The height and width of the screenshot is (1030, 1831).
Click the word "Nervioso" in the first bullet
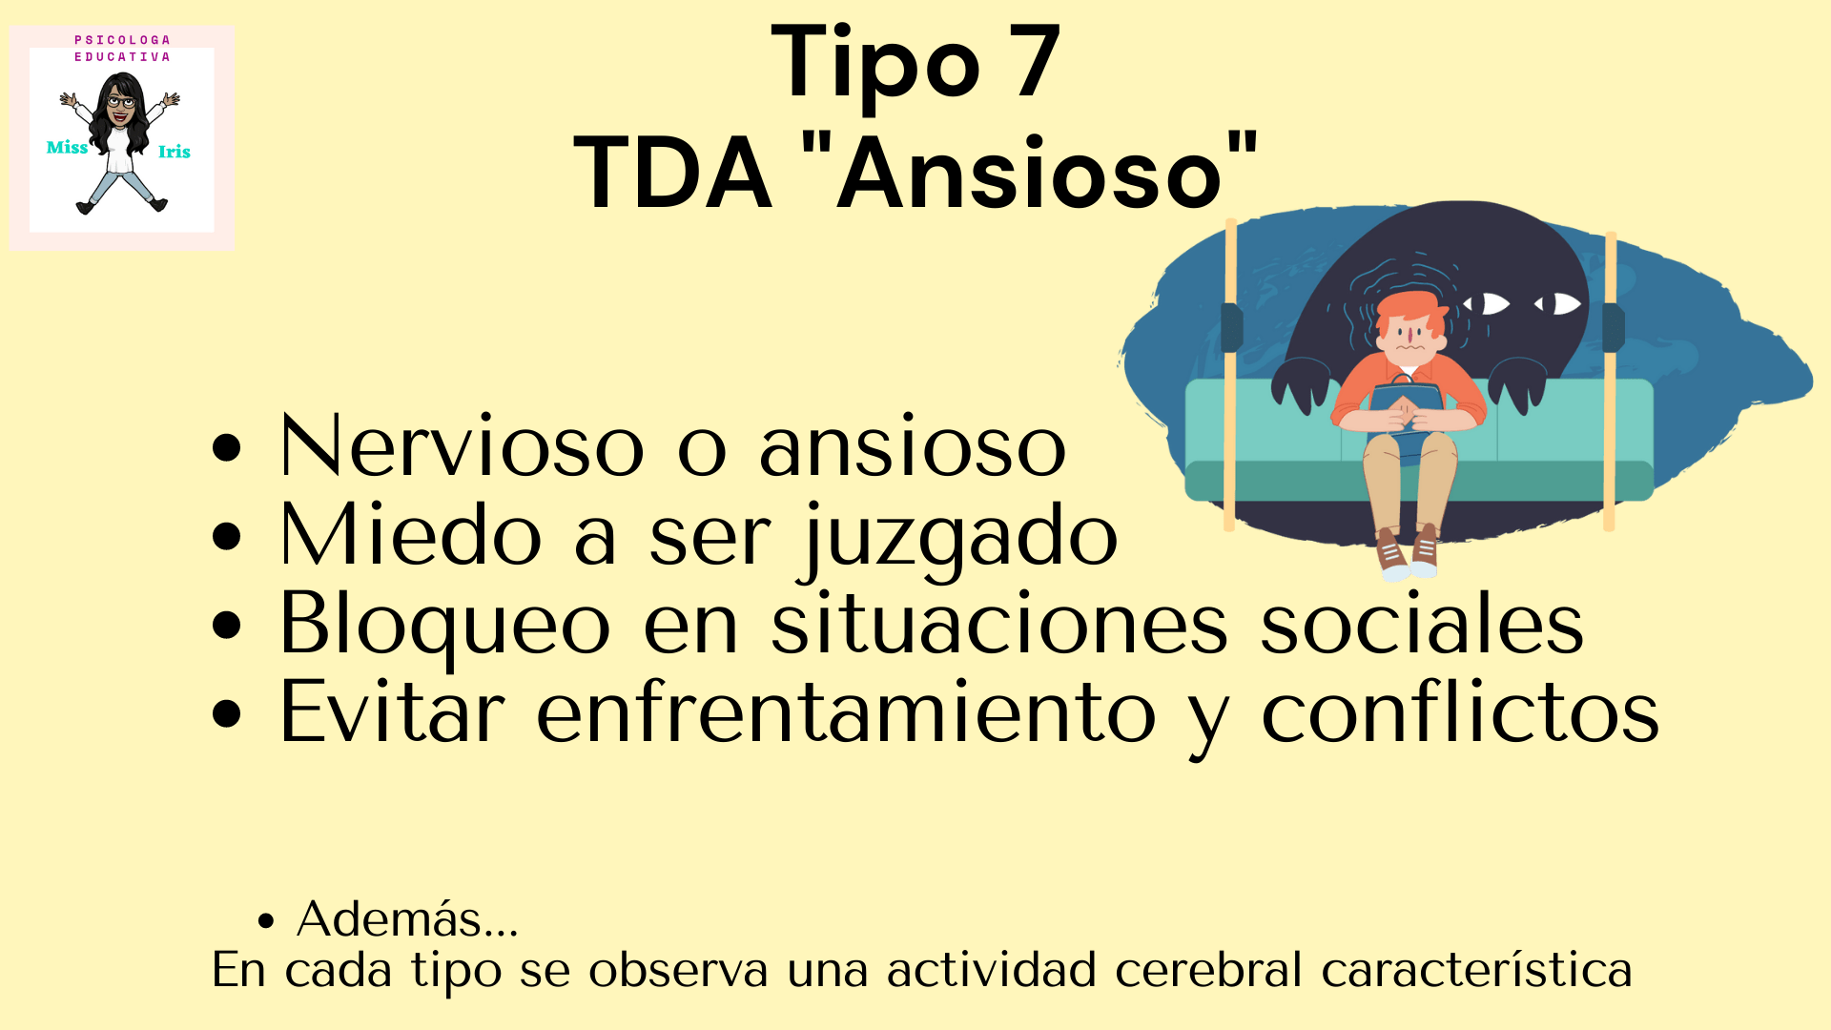(x=462, y=446)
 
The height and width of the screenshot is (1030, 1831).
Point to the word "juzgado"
(x=959, y=537)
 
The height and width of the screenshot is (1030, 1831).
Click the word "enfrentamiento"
(x=847, y=711)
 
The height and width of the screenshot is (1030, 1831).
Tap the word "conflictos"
(x=1460, y=711)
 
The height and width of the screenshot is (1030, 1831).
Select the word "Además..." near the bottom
(x=407, y=919)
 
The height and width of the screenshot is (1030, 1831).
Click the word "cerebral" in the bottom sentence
(x=1208, y=970)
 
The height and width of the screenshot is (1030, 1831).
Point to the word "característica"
(x=1476, y=970)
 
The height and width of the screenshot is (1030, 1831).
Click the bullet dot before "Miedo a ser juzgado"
(x=227, y=537)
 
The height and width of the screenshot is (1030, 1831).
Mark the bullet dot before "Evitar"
(x=227, y=713)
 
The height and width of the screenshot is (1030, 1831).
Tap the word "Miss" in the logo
(x=67, y=147)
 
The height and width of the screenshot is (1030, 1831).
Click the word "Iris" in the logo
(x=175, y=152)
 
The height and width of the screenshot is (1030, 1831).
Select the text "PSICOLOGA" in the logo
(x=122, y=40)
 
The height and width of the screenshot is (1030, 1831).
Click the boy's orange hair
(x=1409, y=309)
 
